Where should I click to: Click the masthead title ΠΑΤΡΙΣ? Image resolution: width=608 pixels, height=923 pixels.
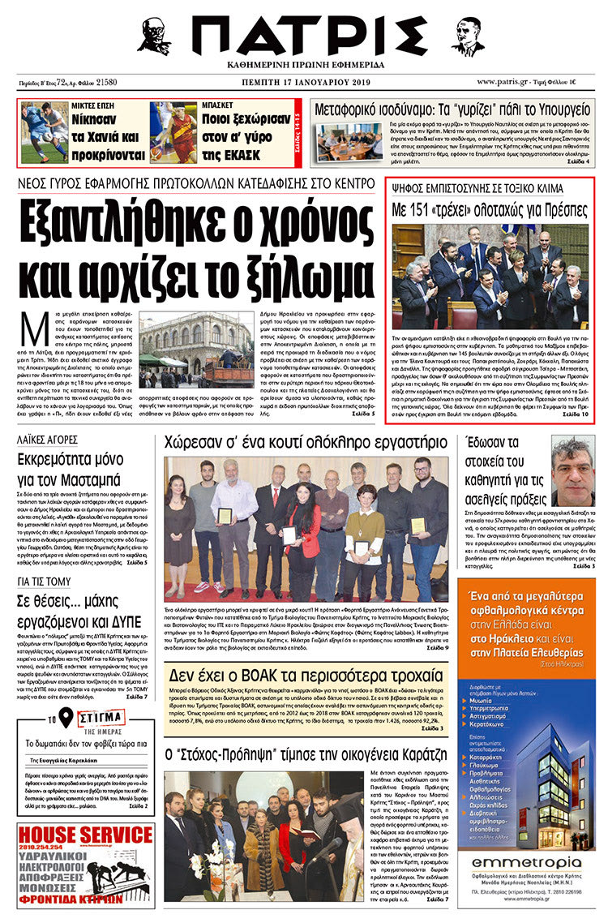(x=304, y=36)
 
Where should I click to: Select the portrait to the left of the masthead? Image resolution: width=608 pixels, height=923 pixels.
(x=153, y=36)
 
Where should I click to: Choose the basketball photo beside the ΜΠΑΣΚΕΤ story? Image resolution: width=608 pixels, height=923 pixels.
(x=173, y=132)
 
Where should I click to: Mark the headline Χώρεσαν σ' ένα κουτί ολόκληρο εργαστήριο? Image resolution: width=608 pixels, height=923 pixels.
(x=305, y=443)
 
